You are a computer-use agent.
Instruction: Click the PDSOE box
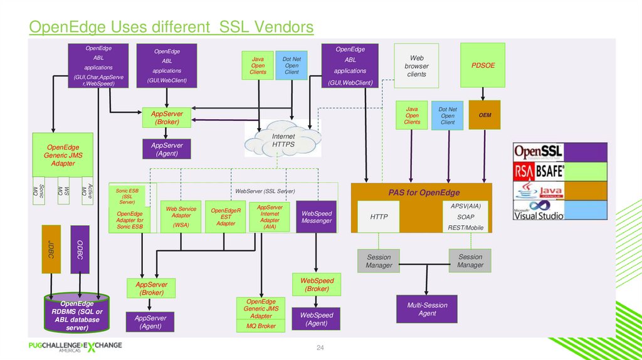[483, 65]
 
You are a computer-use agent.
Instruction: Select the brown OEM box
[485, 115]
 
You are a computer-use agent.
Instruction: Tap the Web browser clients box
[416, 66]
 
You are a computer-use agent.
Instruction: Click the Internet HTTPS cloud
[283, 140]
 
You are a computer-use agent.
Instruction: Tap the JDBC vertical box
[51, 248]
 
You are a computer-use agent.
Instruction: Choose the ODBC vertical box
[80, 248]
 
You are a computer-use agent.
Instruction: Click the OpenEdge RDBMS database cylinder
[76, 314]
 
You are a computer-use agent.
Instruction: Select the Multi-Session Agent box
[427, 309]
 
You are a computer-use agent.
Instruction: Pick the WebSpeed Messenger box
[317, 216]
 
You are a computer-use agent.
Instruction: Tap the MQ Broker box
[261, 326]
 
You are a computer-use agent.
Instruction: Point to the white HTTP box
[379, 217]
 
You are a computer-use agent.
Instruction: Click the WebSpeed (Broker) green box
[317, 285]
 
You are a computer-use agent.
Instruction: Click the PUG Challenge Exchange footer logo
[75, 346]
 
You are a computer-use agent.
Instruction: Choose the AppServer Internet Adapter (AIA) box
[270, 216]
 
